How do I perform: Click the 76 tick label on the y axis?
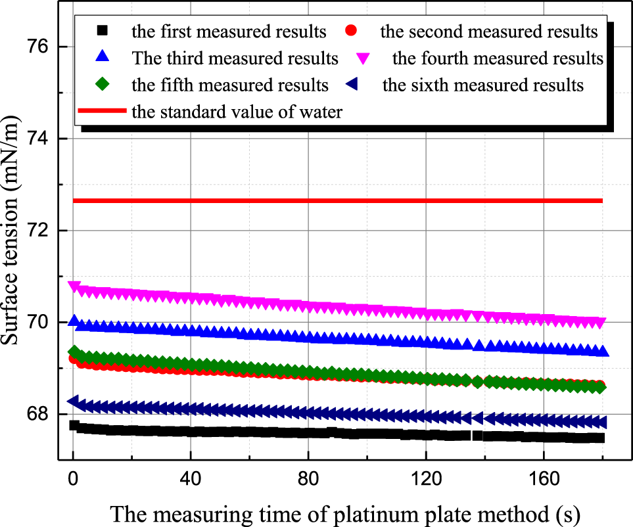pyautogui.click(x=43, y=47)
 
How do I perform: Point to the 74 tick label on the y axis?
pyautogui.click(x=43, y=139)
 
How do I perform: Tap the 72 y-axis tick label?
pyautogui.click(x=43, y=231)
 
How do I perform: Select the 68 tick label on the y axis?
pyautogui.click(x=43, y=414)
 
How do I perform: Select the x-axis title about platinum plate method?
pyautogui.click(x=345, y=513)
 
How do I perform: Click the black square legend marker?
pyautogui.click(x=101, y=31)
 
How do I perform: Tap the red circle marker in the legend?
pyautogui.click(x=352, y=31)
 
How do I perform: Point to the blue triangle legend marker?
pyautogui.click(x=101, y=58)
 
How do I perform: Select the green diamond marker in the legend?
pyautogui.click(x=101, y=85)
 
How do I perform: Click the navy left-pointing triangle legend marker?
pyautogui.click(x=352, y=85)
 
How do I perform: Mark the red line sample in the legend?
pyautogui.click(x=101, y=112)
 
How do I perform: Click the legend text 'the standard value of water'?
pyautogui.click(x=237, y=112)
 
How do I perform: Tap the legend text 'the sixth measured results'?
pyautogui.click(x=482, y=85)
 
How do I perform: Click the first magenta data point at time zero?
pyautogui.click(x=74, y=286)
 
